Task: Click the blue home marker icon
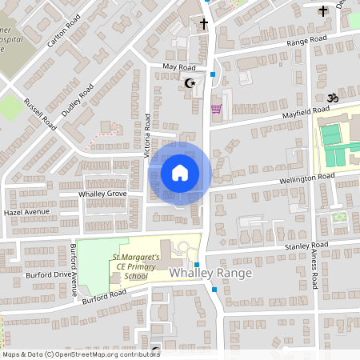point(179,173)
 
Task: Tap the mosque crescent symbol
point(190,82)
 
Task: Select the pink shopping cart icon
point(215,109)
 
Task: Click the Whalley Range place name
point(210,274)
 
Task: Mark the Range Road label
point(307,39)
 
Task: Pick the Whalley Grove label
point(102,194)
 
